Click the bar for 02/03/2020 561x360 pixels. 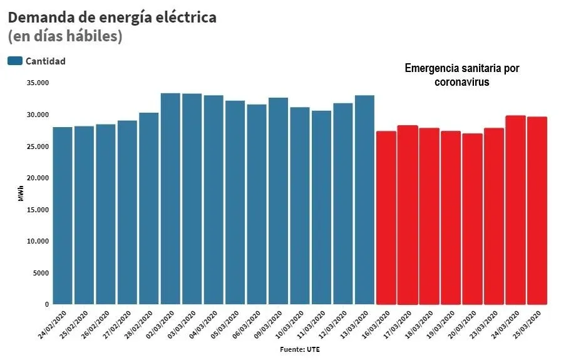170,199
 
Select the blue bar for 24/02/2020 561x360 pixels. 63,216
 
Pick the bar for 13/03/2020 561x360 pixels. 364,200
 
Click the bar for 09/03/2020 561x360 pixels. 278,202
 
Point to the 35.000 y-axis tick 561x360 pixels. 38,83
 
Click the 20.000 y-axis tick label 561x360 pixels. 38,178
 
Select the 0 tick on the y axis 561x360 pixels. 47,305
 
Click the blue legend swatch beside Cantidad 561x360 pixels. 15,61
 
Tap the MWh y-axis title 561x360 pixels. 21,195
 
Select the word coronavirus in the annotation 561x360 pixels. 462,81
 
